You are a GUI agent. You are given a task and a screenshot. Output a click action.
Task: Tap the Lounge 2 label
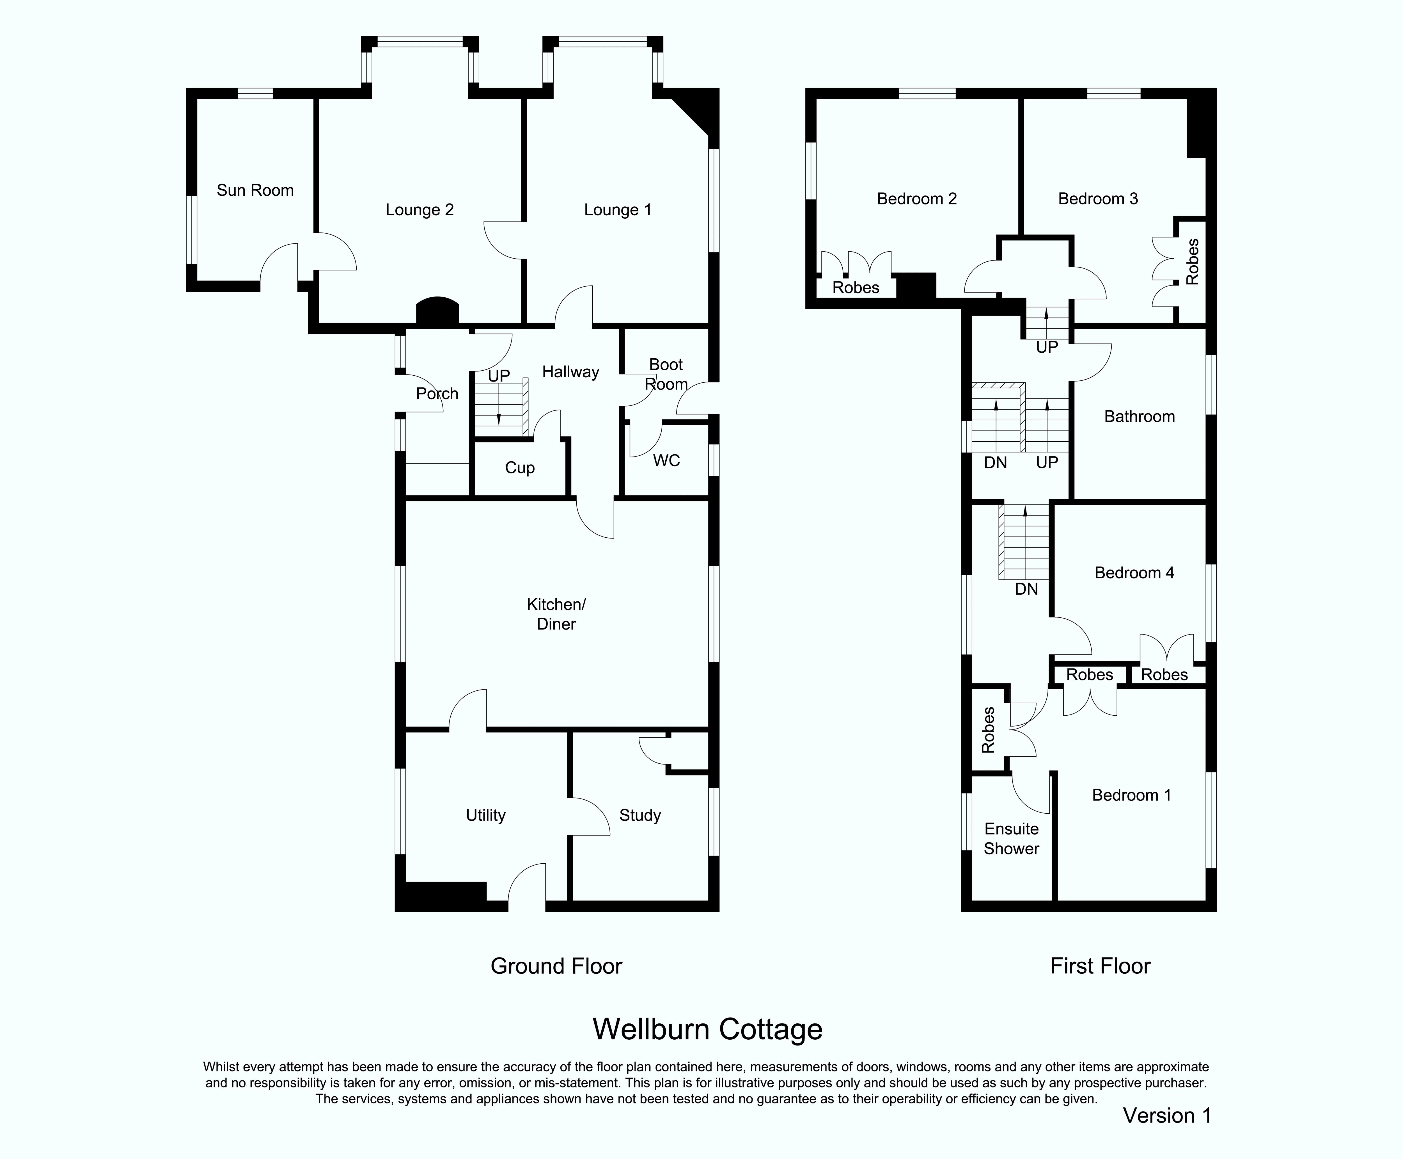click(419, 210)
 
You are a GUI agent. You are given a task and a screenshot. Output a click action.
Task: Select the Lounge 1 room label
click(618, 210)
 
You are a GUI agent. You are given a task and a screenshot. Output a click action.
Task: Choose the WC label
click(666, 461)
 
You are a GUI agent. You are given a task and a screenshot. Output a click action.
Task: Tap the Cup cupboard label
click(520, 468)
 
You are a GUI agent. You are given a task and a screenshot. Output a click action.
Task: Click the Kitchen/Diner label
click(556, 614)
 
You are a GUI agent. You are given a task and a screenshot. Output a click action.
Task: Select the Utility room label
click(486, 815)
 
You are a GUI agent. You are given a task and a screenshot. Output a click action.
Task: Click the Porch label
click(437, 394)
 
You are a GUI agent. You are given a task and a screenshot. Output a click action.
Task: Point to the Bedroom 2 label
click(917, 199)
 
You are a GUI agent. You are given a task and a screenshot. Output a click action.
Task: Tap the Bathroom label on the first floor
click(1140, 417)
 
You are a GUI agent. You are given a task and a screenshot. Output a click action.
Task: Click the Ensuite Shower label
click(1011, 839)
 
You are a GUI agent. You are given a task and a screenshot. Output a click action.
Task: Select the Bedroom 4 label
click(1134, 573)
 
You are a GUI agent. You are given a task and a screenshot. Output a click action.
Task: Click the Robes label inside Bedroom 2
click(856, 288)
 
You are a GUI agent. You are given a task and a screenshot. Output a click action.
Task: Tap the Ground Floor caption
click(556, 966)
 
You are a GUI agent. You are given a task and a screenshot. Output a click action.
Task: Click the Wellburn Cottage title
click(708, 1030)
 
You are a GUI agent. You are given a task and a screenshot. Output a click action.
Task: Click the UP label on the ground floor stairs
click(499, 376)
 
